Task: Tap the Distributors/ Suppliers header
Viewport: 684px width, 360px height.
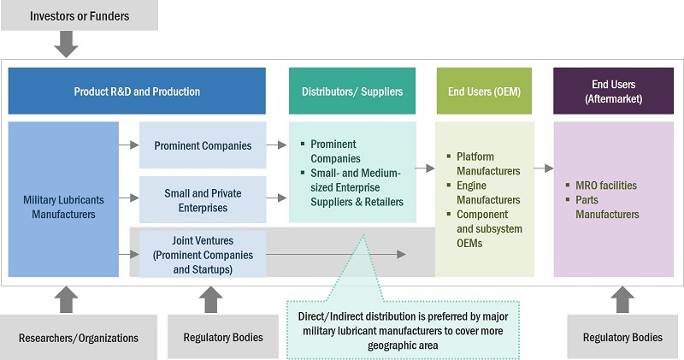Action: [x=352, y=91]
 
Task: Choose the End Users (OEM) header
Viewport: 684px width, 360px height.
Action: [x=485, y=91]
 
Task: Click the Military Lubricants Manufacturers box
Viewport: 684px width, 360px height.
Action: [x=64, y=199]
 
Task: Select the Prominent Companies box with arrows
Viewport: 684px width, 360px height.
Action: [x=203, y=145]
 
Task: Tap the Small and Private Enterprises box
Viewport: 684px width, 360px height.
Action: [x=203, y=200]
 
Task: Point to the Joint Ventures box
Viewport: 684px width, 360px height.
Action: [x=203, y=253]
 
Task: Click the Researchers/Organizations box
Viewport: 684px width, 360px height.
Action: [x=79, y=337]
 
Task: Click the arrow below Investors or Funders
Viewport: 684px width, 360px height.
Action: [x=67, y=44]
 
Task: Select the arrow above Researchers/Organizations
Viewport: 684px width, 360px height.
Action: [x=67, y=298]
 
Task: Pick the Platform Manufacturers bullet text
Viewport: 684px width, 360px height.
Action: [x=487, y=164]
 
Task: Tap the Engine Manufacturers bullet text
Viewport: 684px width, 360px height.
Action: [x=487, y=193]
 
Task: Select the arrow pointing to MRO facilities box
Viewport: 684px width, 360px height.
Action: [x=544, y=168]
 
